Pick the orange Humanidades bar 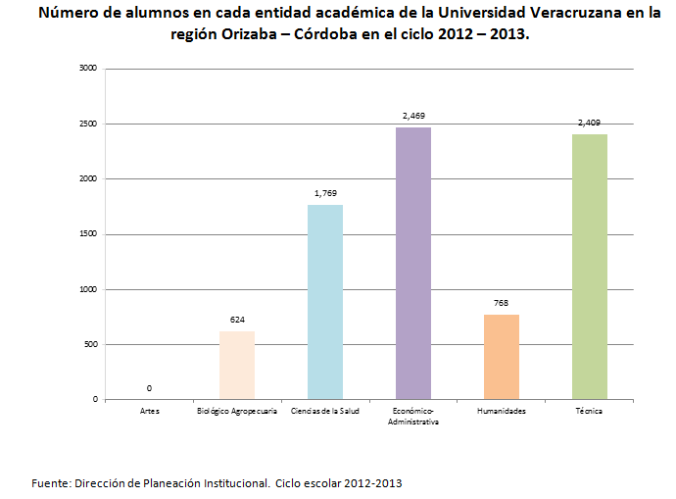click(x=501, y=357)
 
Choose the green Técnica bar click(x=589, y=267)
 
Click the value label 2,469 click(x=412, y=117)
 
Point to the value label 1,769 click(x=324, y=193)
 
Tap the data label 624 click(x=237, y=320)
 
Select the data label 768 click(x=501, y=304)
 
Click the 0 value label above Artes click(x=149, y=388)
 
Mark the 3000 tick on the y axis click(x=88, y=69)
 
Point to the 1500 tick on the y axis click(x=88, y=234)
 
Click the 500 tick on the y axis click(x=90, y=344)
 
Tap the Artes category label click(x=149, y=411)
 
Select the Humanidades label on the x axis click(x=501, y=411)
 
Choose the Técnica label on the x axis click(x=589, y=411)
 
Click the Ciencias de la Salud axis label click(x=324, y=411)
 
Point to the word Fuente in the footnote click(x=50, y=483)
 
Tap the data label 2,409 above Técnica click(x=589, y=123)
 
